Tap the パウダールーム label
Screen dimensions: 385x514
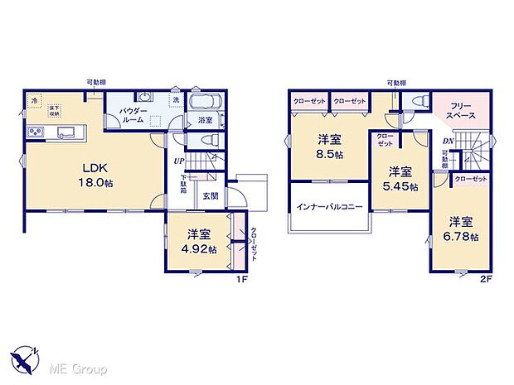click(133, 114)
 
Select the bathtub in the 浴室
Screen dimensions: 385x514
click(205, 103)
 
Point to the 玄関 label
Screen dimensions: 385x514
click(211, 196)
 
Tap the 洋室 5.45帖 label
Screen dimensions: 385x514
click(400, 178)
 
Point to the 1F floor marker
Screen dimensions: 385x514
click(243, 279)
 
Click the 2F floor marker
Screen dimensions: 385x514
click(487, 279)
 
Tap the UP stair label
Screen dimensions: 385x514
click(179, 161)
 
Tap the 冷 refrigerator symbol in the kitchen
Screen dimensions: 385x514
click(35, 102)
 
